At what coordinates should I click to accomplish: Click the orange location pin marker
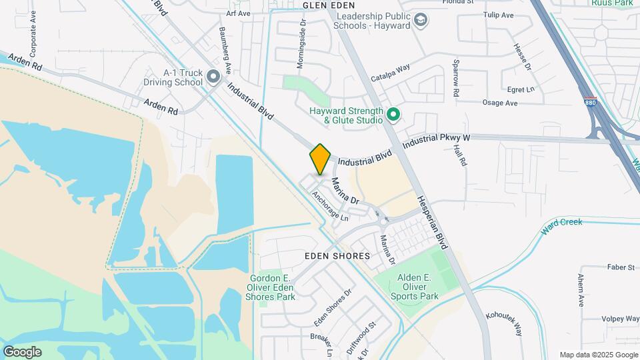coord(321,159)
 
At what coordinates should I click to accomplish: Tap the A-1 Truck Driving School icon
coord(213,77)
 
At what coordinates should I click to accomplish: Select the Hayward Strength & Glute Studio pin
coord(393,115)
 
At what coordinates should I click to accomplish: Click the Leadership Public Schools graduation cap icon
coord(421,21)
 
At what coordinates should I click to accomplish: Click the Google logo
coord(22,352)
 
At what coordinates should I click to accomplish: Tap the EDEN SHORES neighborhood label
coord(337,256)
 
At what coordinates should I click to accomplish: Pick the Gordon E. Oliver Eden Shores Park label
coord(272,287)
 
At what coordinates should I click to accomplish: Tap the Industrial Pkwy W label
coord(437,139)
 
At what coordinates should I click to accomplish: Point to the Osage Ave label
coord(499,103)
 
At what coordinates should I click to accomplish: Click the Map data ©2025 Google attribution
coord(599,355)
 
